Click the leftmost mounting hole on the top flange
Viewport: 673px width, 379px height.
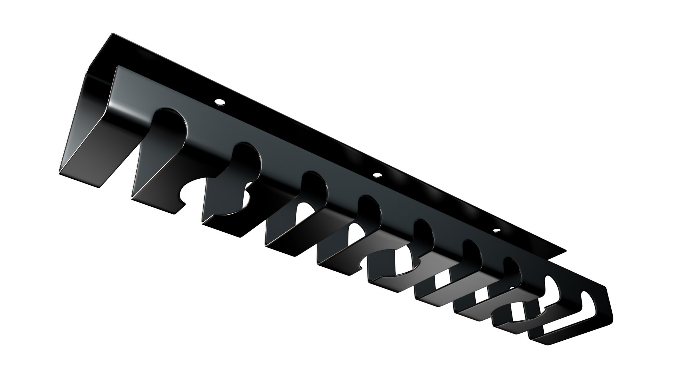pos(220,102)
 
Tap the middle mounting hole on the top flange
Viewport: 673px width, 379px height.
pos(377,175)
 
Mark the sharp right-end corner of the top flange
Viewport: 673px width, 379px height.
pos(565,251)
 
